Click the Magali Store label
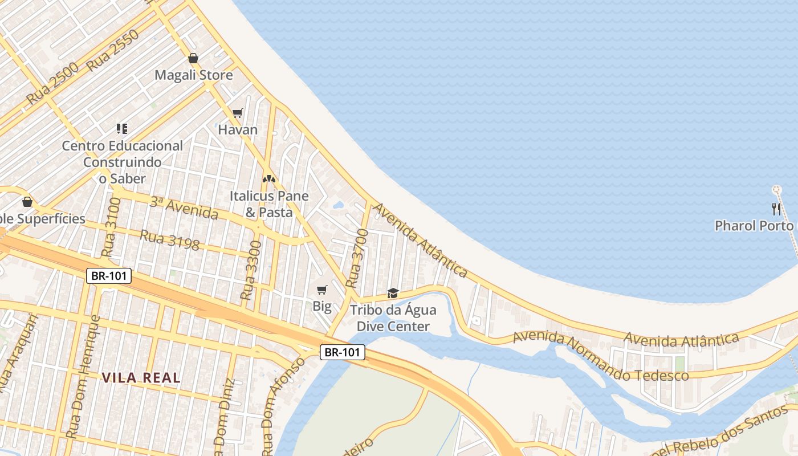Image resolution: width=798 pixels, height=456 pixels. [x=194, y=75]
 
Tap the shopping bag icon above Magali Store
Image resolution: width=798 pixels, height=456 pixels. [x=193, y=58]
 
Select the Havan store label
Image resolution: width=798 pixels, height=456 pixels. [x=238, y=130]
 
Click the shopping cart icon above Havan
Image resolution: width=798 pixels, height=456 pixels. [x=238, y=113]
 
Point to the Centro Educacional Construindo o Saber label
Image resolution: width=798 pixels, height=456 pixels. [x=122, y=162]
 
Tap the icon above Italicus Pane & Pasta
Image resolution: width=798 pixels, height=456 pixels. [x=269, y=178]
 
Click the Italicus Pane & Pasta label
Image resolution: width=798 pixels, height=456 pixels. [x=269, y=204]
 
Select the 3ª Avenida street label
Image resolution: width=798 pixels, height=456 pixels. [x=184, y=208]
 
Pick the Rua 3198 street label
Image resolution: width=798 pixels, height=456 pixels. [x=170, y=240]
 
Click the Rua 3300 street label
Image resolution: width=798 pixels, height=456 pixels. [x=251, y=271]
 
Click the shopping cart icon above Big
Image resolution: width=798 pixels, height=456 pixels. [x=322, y=290]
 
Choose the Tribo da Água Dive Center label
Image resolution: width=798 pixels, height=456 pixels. [x=393, y=318]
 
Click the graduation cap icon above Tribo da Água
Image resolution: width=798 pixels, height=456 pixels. [x=393, y=293]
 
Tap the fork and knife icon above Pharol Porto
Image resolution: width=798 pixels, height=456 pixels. [x=775, y=208]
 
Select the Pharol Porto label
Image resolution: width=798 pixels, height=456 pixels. [x=754, y=226]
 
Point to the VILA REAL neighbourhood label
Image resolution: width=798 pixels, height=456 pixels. [x=141, y=377]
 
